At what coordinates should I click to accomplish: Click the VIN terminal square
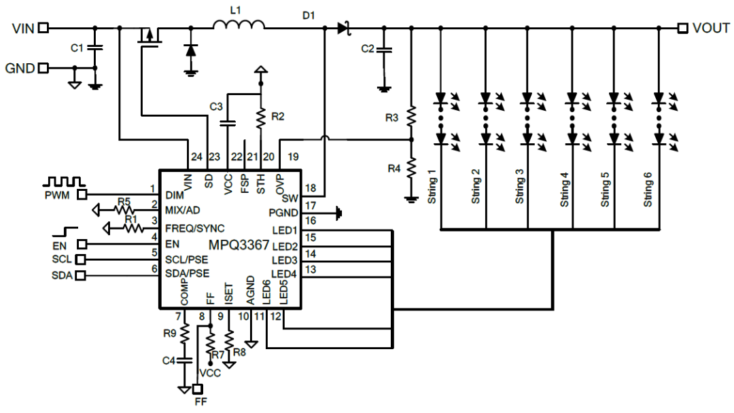(x=43, y=28)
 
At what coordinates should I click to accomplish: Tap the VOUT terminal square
(x=682, y=28)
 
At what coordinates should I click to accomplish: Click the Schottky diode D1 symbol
(x=344, y=28)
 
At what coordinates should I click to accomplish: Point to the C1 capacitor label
(x=77, y=48)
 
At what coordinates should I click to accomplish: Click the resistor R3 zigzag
(x=411, y=117)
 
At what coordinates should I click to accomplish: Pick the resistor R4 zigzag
(x=411, y=168)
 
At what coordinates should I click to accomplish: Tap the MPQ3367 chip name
(x=239, y=245)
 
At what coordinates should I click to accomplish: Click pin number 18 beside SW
(x=311, y=188)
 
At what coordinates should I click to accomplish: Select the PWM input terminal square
(x=82, y=194)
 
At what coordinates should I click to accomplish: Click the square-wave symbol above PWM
(x=64, y=181)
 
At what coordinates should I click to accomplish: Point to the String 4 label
(x=564, y=190)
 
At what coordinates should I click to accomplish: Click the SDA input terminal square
(x=80, y=276)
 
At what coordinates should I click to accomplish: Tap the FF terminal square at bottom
(x=198, y=389)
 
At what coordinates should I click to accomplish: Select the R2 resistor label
(x=277, y=116)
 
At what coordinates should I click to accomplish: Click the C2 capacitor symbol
(x=384, y=50)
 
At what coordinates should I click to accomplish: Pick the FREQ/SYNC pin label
(x=195, y=228)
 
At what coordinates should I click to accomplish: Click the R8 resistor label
(x=239, y=352)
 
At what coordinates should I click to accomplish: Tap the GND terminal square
(x=43, y=69)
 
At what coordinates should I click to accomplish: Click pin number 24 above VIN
(x=196, y=157)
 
